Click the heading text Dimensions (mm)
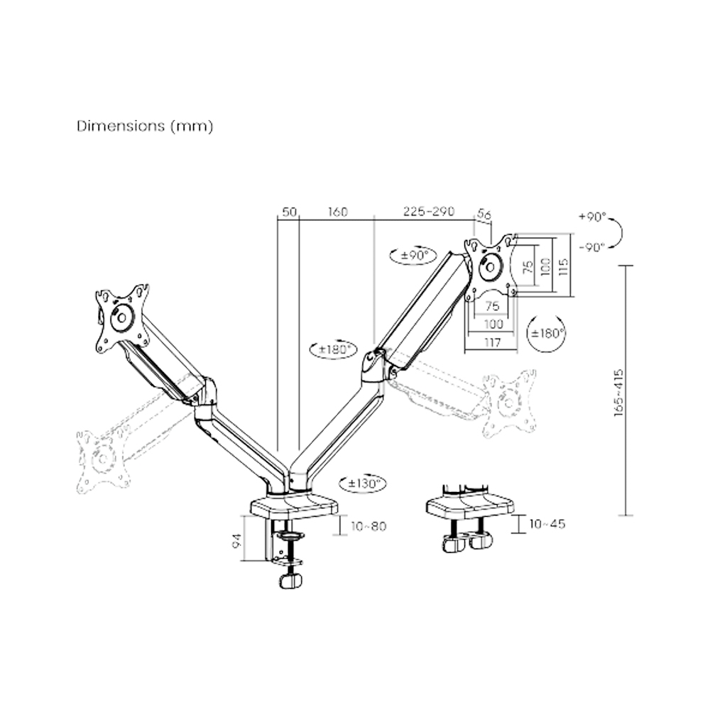pos(145,126)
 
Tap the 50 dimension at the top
pos(289,212)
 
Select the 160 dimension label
pos(337,212)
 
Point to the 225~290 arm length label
pos(428,212)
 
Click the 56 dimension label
pos(484,212)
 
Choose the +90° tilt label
pos(591,216)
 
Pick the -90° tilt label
pos(591,247)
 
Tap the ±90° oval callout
pos(413,255)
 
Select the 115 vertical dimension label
pos(564,266)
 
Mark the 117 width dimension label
pos(491,343)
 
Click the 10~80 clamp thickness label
pos(368,526)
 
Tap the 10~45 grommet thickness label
pos(547,524)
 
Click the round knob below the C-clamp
pos(290,581)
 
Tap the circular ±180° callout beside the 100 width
pos(548,332)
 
